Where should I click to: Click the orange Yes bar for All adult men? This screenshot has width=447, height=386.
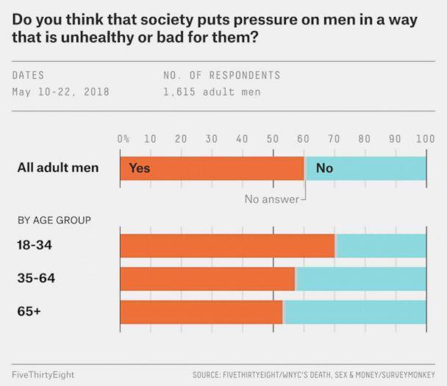pos(212,168)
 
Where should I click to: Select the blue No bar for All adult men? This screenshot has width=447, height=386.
pos(366,168)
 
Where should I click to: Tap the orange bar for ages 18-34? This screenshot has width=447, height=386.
pos(227,245)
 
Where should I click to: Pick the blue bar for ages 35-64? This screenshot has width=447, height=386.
pos(361,279)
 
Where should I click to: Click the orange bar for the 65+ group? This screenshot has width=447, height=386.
pos(201,312)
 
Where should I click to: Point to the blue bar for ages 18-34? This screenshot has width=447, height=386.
pos(381,245)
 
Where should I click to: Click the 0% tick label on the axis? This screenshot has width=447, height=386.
pos(124,138)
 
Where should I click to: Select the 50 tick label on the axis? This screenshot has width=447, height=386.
pos(273,138)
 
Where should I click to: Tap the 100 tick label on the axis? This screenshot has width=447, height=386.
pos(425,138)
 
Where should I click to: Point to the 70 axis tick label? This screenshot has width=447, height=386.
pos(334,138)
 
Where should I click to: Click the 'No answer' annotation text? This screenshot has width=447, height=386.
pos(271,199)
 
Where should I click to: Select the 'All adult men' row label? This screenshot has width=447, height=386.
pos(57,168)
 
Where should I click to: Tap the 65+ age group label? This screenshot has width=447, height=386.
pos(29,312)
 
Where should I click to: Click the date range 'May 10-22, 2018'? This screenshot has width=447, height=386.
pos(60,93)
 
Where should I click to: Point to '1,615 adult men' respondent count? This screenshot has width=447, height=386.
pos(212,93)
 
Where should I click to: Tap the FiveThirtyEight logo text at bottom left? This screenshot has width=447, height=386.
pos(43,374)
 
